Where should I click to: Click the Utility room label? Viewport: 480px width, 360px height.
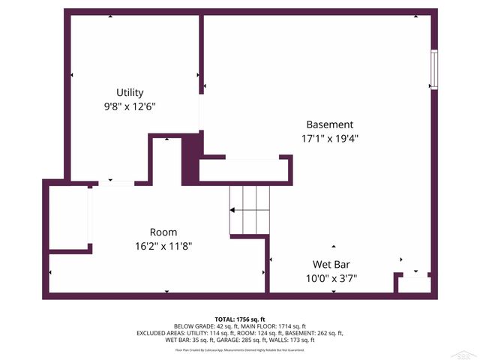130,93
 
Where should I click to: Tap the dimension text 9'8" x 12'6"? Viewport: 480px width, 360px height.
130,106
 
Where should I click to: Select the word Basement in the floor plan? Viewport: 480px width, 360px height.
329,124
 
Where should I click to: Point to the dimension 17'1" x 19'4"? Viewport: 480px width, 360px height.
329,138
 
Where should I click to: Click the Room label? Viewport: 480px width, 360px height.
163,232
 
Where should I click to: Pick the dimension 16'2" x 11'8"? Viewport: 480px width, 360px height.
163,246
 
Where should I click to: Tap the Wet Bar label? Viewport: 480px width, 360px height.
331,265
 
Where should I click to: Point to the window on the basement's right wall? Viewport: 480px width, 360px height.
433,70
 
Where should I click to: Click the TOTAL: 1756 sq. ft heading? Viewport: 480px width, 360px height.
240,319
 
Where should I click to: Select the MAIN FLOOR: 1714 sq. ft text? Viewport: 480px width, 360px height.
272,326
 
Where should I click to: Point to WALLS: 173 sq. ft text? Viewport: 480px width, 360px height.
289,340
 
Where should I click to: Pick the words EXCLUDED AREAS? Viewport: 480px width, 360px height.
160,333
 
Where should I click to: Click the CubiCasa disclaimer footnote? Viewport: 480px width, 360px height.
240,349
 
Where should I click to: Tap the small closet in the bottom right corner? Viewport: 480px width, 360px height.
414,284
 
